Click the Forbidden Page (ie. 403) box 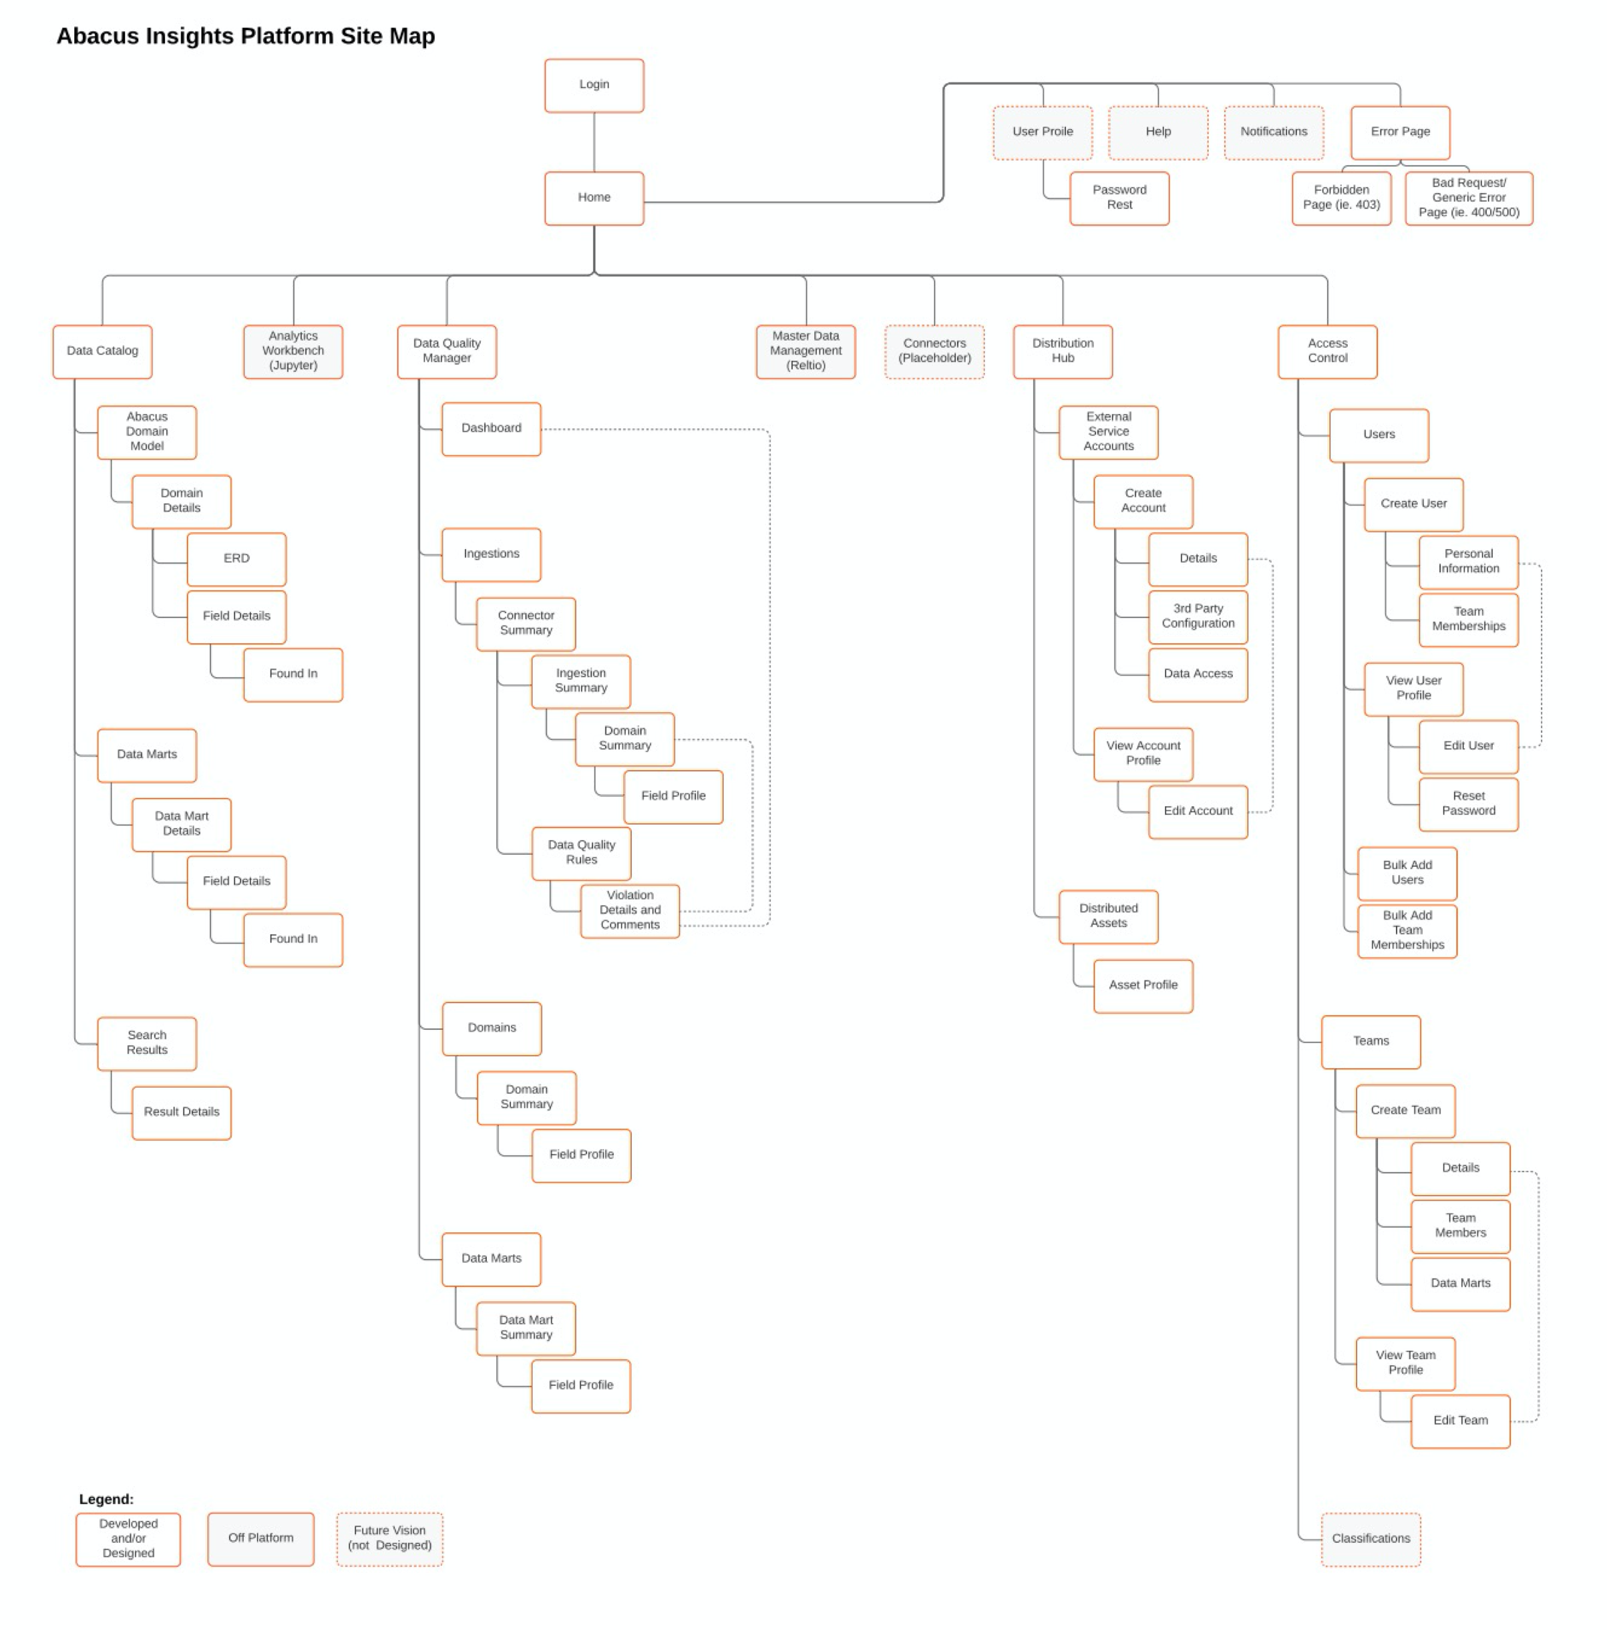1341,198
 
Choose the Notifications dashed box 1273,132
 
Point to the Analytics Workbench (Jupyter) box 293,351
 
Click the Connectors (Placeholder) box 934,351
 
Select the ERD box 236,559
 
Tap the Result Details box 182,1112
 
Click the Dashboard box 491,429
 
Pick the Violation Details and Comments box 630,910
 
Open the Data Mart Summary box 526,1328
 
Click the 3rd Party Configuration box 1197,616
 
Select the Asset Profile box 1143,985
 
